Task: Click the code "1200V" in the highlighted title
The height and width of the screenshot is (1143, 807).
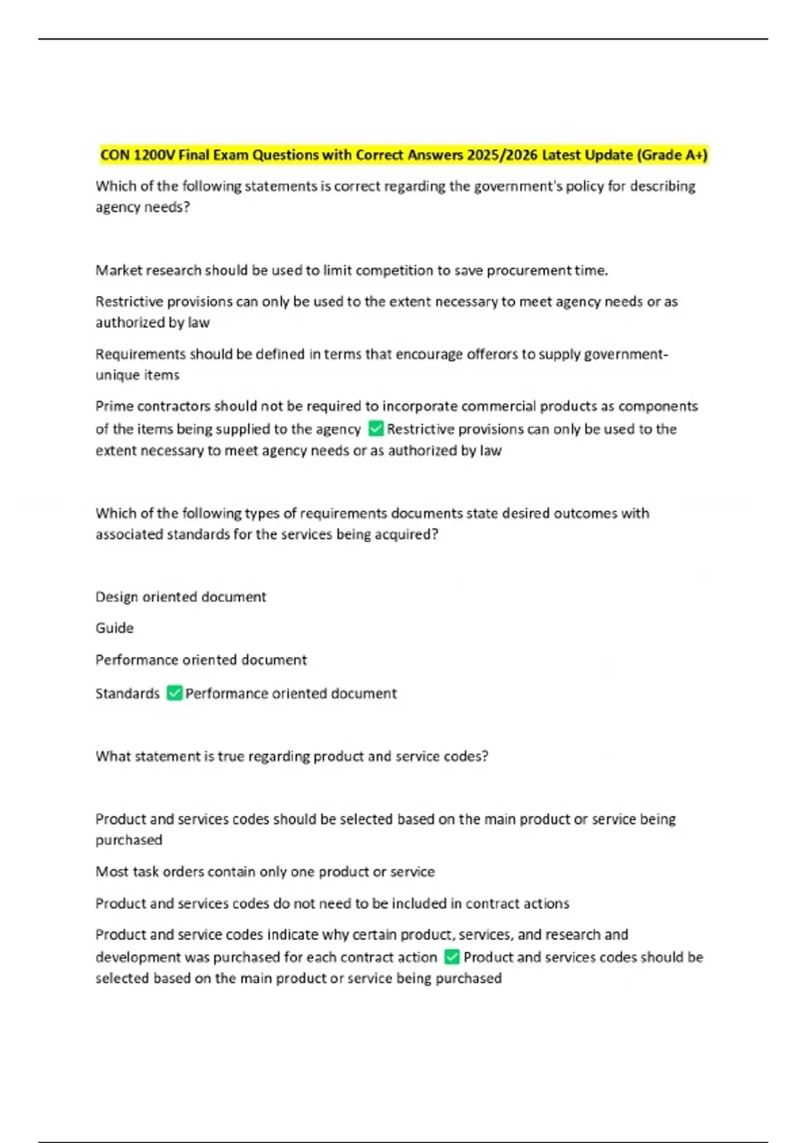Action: click(x=155, y=155)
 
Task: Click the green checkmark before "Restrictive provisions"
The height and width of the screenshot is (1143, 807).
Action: click(x=377, y=429)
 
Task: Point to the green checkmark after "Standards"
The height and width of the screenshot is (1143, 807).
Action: click(x=175, y=693)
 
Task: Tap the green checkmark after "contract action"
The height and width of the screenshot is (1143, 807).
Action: click(x=453, y=957)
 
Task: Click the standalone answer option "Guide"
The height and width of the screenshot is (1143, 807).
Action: click(x=114, y=628)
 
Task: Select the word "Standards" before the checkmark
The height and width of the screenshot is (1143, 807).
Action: click(x=128, y=693)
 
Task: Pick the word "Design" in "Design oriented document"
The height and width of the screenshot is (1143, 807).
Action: click(x=116, y=597)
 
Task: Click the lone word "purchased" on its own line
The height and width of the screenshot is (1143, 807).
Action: click(x=128, y=840)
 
